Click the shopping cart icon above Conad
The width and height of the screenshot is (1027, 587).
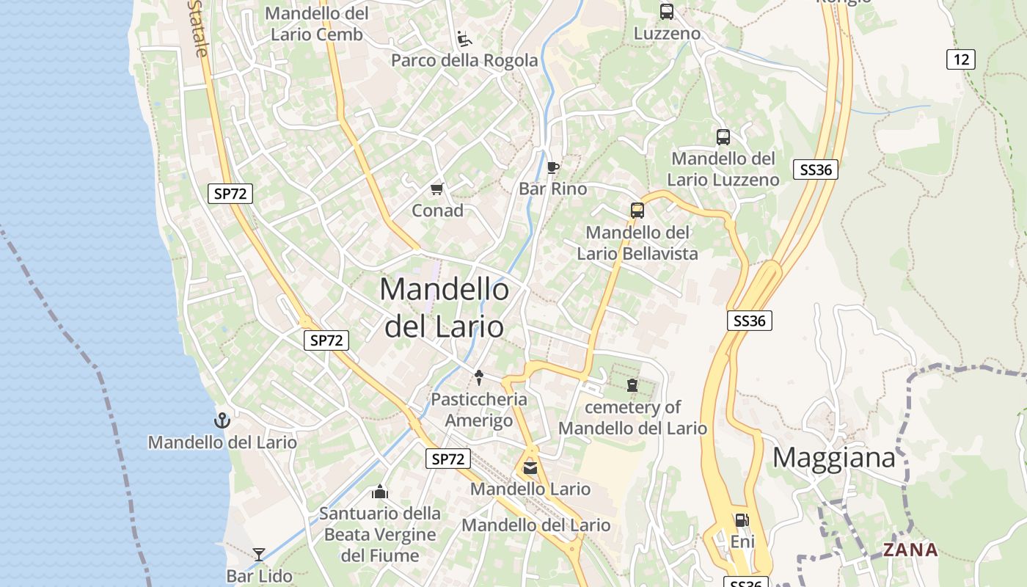coord(437,189)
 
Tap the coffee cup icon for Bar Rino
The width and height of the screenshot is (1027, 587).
coord(553,167)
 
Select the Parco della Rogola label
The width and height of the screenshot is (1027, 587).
coord(464,60)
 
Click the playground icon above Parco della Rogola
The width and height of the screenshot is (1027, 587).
coord(464,37)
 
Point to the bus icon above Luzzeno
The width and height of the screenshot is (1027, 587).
coord(666,12)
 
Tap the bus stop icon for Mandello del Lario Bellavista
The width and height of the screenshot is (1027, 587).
coord(637,211)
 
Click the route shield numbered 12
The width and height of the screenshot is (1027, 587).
coord(960,59)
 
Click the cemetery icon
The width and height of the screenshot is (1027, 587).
coord(632,385)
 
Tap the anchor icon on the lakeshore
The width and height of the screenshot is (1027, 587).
coord(222,420)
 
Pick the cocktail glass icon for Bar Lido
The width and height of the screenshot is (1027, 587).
coord(259,554)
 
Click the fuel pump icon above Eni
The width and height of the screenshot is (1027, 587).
coord(742,520)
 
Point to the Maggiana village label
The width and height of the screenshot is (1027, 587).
coord(834,458)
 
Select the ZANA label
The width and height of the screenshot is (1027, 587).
coord(910,550)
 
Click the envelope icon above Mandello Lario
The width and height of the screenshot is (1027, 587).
coord(530,468)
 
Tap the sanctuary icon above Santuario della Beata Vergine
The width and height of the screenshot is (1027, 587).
coord(380,492)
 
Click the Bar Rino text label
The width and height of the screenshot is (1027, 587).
coord(553,189)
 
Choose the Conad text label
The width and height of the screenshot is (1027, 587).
coord(437,211)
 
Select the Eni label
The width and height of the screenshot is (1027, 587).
coord(742,542)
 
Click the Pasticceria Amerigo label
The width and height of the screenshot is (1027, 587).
coord(479,410)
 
